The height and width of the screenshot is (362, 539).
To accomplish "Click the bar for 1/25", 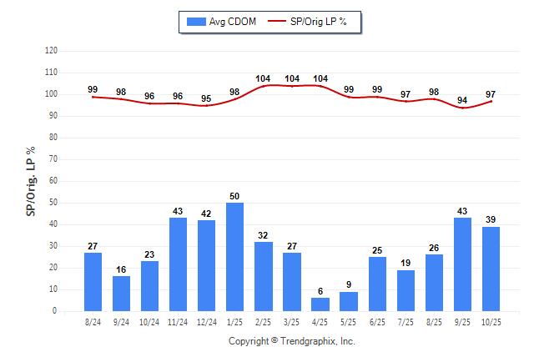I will (x=235, y=257).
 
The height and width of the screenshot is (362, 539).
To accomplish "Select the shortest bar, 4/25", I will (x=320, y=304).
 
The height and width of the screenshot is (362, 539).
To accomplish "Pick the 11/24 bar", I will (x=179, y=264).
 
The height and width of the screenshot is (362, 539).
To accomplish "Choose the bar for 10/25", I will (x=491, y=269).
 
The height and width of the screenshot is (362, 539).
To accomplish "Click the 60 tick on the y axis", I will (x=53, y=181).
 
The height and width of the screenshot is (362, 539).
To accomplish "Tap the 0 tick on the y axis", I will (x=55, y=311).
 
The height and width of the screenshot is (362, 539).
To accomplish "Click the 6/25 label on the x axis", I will (x=377, y=322).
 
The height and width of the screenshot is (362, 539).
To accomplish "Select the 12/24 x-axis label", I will (x=206, y=322).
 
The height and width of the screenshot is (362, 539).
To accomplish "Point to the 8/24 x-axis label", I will (x=93, y=322).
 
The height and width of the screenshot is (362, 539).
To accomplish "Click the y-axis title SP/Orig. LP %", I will (x=31, y=180).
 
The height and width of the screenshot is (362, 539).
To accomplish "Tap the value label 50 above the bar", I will (x=235, y=197).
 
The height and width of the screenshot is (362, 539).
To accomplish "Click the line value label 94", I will (x=462, y=101).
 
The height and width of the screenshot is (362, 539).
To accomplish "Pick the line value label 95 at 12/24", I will (x=206, y=98).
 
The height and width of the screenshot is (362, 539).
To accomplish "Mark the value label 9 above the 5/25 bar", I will (x=349, y=285).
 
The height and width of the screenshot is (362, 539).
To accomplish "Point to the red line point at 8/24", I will (x=93, y=97).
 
